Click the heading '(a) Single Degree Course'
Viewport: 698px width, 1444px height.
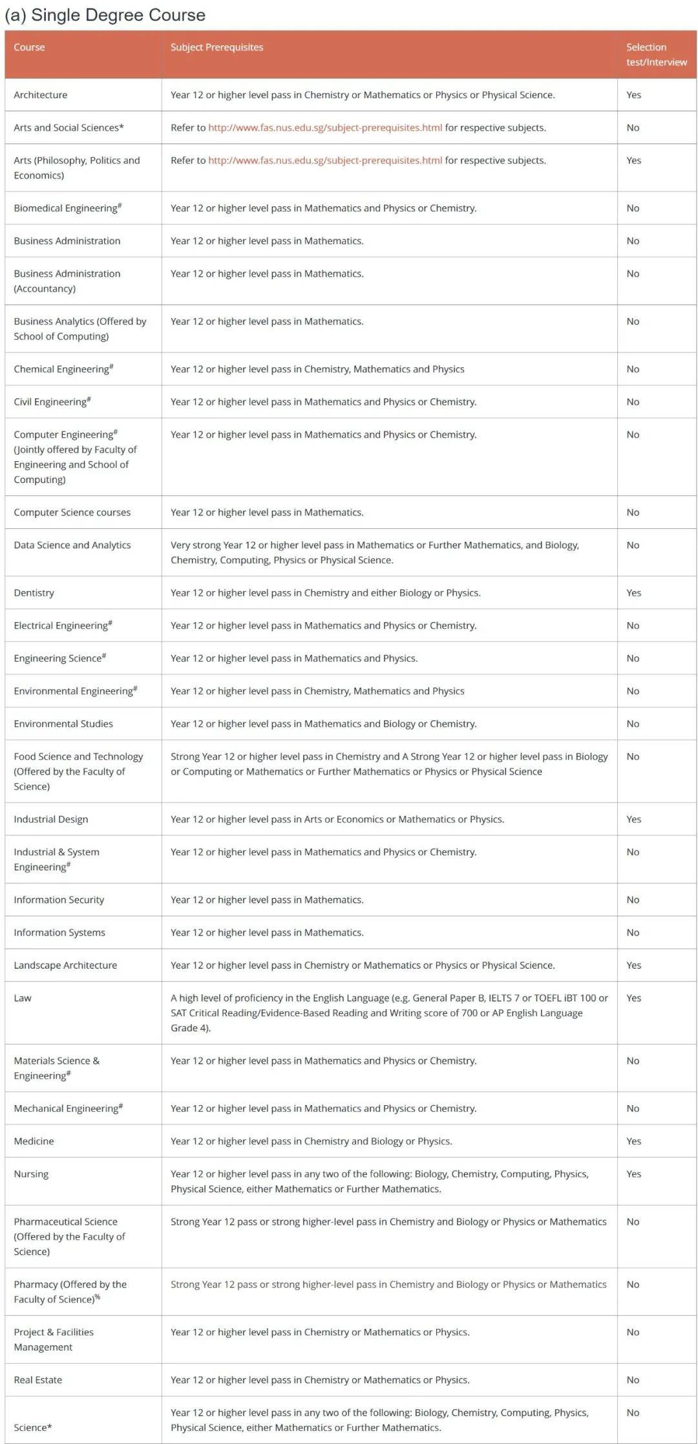pyautogui.click(x=105, y=15)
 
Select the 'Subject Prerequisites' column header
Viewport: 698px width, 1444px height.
pyautogui.click(x=217, y=47)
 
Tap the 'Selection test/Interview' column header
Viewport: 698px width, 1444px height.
pyautogui.click(x=656, y=54)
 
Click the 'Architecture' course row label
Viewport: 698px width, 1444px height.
pyautogui.click(x=41, y=94)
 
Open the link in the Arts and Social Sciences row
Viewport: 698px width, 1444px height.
pyautogui.click(x=325, y=127)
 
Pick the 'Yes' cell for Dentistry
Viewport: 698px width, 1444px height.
pyautogui.click(x=633, y=592)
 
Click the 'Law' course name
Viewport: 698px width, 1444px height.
pyautogui.click(x=23, y=998)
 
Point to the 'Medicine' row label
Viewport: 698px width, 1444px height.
pyautogui.click(x=34, y=1141)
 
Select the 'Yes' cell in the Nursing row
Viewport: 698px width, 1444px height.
pyautogui.click(x=633, y=1174)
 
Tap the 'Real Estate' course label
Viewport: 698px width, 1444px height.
pyautogui.click(x=38, y=1379)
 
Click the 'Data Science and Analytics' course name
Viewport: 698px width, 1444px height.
pyautogui.click(x=72, y=545)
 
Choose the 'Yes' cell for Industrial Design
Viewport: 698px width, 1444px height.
pyautogui.click(x=633, y=819)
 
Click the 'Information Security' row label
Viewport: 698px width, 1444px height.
pyautogui.click(x=59, y=900)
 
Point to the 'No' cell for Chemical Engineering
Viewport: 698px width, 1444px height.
pyautogui.click(x=633, y=369)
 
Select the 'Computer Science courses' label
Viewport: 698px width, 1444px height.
pyautogui.click(x=72, y=512)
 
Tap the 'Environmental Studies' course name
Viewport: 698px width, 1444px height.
pyautogui.click(x=63, y=724)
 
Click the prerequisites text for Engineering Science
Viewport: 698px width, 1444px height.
pyautogui.click(x=294, y=658)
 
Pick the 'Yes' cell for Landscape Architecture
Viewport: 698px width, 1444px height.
pyautogui.click(x=633, y=965)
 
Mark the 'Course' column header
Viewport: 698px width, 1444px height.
pyautogui.click(x=29, y=47)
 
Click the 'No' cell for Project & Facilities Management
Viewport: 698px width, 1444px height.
pyautogui.click(x=633, y=1332)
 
